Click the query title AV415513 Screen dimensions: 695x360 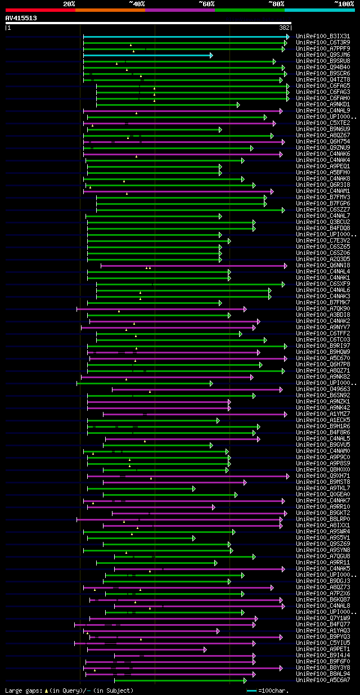pos(21,18)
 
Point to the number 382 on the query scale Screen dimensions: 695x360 pos(285,28)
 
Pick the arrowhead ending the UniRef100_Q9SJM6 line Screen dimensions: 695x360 pos(211,55)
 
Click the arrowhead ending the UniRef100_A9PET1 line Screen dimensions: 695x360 pos(205,649)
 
